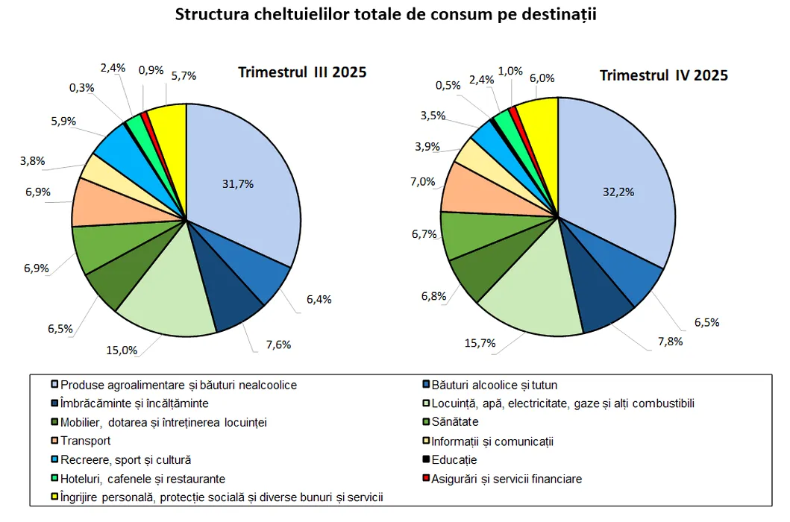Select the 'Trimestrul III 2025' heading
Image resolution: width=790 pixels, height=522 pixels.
302,72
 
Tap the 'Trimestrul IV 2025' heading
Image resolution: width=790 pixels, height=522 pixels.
664,75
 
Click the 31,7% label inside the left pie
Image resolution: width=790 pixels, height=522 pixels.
238,183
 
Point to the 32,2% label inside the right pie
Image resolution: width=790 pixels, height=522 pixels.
618,191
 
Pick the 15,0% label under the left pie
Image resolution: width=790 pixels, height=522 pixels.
122,350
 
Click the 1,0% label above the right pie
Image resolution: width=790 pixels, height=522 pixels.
510,70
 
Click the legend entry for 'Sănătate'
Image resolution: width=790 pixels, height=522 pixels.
456,422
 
